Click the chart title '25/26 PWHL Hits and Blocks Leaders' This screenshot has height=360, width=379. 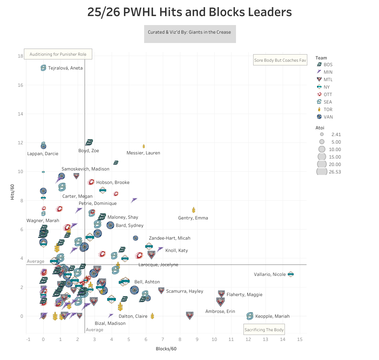click(189, 12)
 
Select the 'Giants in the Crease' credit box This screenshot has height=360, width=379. click(190, 32)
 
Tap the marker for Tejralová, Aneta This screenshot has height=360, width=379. click(43, 68)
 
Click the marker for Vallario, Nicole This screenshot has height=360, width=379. click(291, 274)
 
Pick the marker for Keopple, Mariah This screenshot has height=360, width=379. click(250, 316)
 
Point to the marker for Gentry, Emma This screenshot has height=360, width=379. click(193, 210)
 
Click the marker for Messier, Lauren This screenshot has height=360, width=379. click(144, 146)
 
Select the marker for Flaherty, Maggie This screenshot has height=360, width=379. click(221, 294)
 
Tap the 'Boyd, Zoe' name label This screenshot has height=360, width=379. click(88, 151)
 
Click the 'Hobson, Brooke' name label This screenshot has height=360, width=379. click(113, 182)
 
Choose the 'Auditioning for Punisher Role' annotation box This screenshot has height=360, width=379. click(58, 54)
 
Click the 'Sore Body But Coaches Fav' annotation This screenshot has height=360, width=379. click(280, 60)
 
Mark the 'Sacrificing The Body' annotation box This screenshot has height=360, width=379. click(264, 330)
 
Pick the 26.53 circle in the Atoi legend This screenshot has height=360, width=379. click(321, 172)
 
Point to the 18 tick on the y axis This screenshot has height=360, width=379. click(21, 56)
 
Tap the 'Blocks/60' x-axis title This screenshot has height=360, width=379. click(166, 349)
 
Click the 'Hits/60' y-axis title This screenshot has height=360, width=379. click(12, 191)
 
